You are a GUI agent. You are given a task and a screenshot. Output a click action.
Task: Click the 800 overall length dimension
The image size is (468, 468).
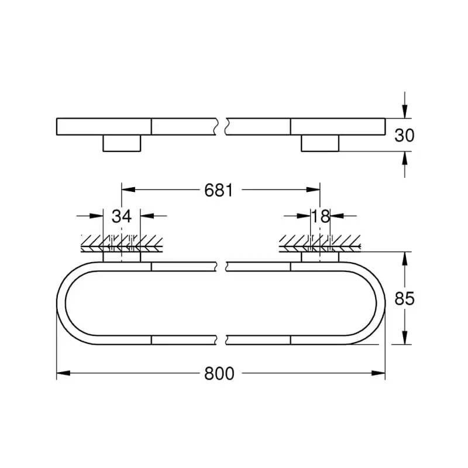click(219, 373)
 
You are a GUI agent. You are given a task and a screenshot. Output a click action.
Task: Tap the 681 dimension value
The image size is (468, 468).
click(218, 190)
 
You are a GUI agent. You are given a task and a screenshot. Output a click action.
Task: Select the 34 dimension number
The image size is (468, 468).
click(122, 216)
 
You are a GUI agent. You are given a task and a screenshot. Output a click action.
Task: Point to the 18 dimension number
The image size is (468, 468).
click(321, 216)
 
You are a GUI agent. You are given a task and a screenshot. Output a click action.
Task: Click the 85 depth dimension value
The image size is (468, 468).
click(404, 298)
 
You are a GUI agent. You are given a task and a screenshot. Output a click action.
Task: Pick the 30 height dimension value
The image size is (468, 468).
click(404, 135)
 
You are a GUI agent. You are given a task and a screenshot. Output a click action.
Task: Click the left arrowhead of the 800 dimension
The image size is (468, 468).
click(63, 373)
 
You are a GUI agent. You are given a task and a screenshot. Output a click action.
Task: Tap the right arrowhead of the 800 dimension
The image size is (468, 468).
click(378, 373)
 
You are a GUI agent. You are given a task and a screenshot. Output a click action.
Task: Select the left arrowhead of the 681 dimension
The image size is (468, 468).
click(128, 190)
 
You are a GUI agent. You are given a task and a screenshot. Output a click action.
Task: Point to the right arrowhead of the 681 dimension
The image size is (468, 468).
click(313, 190)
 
